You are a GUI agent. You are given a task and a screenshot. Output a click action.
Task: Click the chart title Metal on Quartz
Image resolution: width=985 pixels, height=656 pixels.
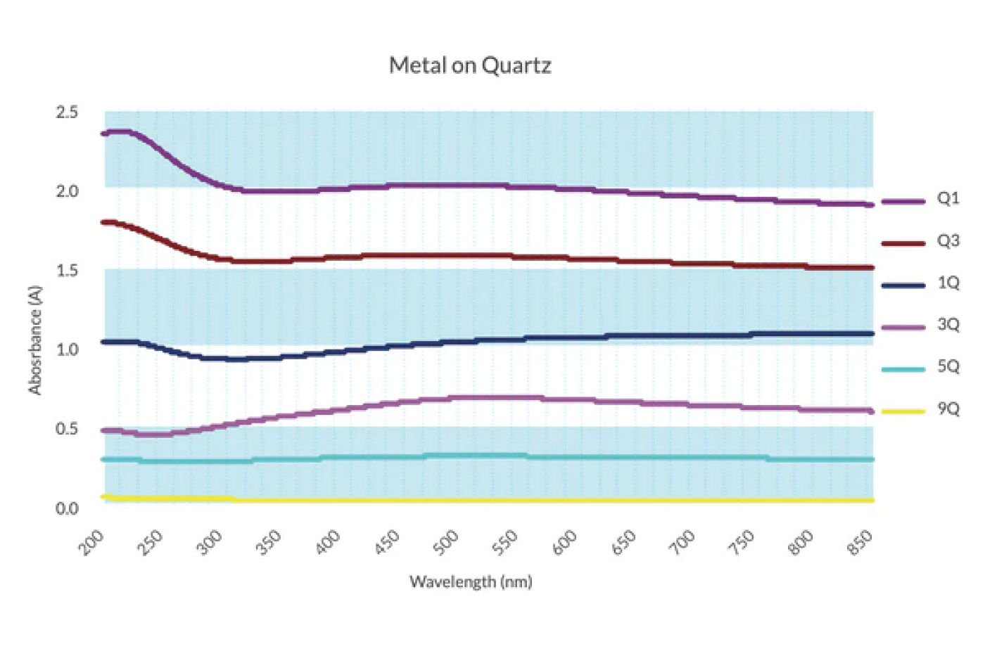point(470,65)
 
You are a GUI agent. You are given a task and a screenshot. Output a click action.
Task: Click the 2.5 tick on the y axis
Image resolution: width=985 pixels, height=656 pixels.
point(67,112)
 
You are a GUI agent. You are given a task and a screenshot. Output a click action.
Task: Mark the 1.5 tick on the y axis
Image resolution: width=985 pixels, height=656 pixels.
point(67,271)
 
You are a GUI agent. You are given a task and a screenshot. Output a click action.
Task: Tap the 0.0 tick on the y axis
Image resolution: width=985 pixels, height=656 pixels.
point(67,508)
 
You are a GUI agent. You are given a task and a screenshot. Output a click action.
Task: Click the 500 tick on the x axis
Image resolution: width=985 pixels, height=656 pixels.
point(446,542)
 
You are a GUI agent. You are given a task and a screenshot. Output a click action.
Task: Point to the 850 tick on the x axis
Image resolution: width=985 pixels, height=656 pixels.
point(860,542)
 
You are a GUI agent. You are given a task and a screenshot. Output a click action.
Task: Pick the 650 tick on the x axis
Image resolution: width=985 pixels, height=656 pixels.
point(624,542)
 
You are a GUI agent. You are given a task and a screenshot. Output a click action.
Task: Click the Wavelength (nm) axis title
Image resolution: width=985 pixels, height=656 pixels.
point(471,582)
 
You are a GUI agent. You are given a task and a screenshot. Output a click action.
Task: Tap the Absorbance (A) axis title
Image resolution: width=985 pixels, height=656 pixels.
point(35,340)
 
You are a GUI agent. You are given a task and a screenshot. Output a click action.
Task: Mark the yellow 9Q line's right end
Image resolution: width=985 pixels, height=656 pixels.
point(872,501)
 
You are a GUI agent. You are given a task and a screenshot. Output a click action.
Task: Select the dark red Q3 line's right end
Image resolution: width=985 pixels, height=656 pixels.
point(872,268)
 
